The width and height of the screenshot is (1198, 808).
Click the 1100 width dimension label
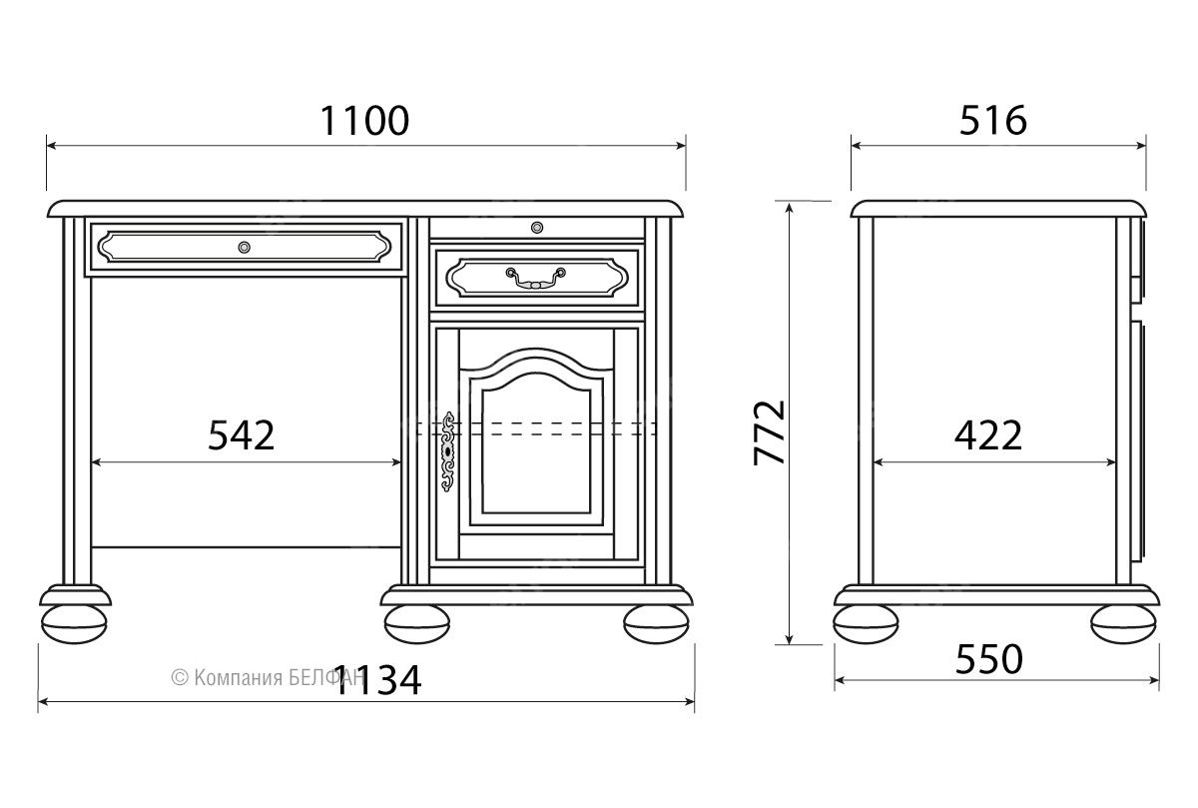364,121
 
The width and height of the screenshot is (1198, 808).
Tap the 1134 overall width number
377,680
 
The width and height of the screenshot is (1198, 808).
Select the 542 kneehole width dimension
242,435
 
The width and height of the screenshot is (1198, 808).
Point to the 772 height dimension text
770,432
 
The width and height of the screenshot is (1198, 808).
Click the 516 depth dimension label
992,121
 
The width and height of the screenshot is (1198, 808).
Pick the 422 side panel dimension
988,435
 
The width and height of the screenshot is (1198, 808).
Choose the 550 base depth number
989,660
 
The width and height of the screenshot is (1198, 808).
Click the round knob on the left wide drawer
244,248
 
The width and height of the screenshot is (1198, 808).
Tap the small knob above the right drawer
537,228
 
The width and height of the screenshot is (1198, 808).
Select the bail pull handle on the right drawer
535,278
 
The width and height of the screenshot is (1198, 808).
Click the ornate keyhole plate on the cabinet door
448,451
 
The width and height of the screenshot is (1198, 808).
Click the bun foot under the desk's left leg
74,624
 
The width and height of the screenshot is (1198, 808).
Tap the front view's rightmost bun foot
656,624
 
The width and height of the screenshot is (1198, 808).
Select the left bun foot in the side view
866,624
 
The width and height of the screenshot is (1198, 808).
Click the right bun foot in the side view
1124,624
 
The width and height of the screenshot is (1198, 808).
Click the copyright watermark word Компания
238,678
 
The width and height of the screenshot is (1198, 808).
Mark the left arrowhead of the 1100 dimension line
52,145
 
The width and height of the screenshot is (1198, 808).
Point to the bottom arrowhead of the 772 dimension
789,638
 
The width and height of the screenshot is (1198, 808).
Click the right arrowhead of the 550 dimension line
1154,680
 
